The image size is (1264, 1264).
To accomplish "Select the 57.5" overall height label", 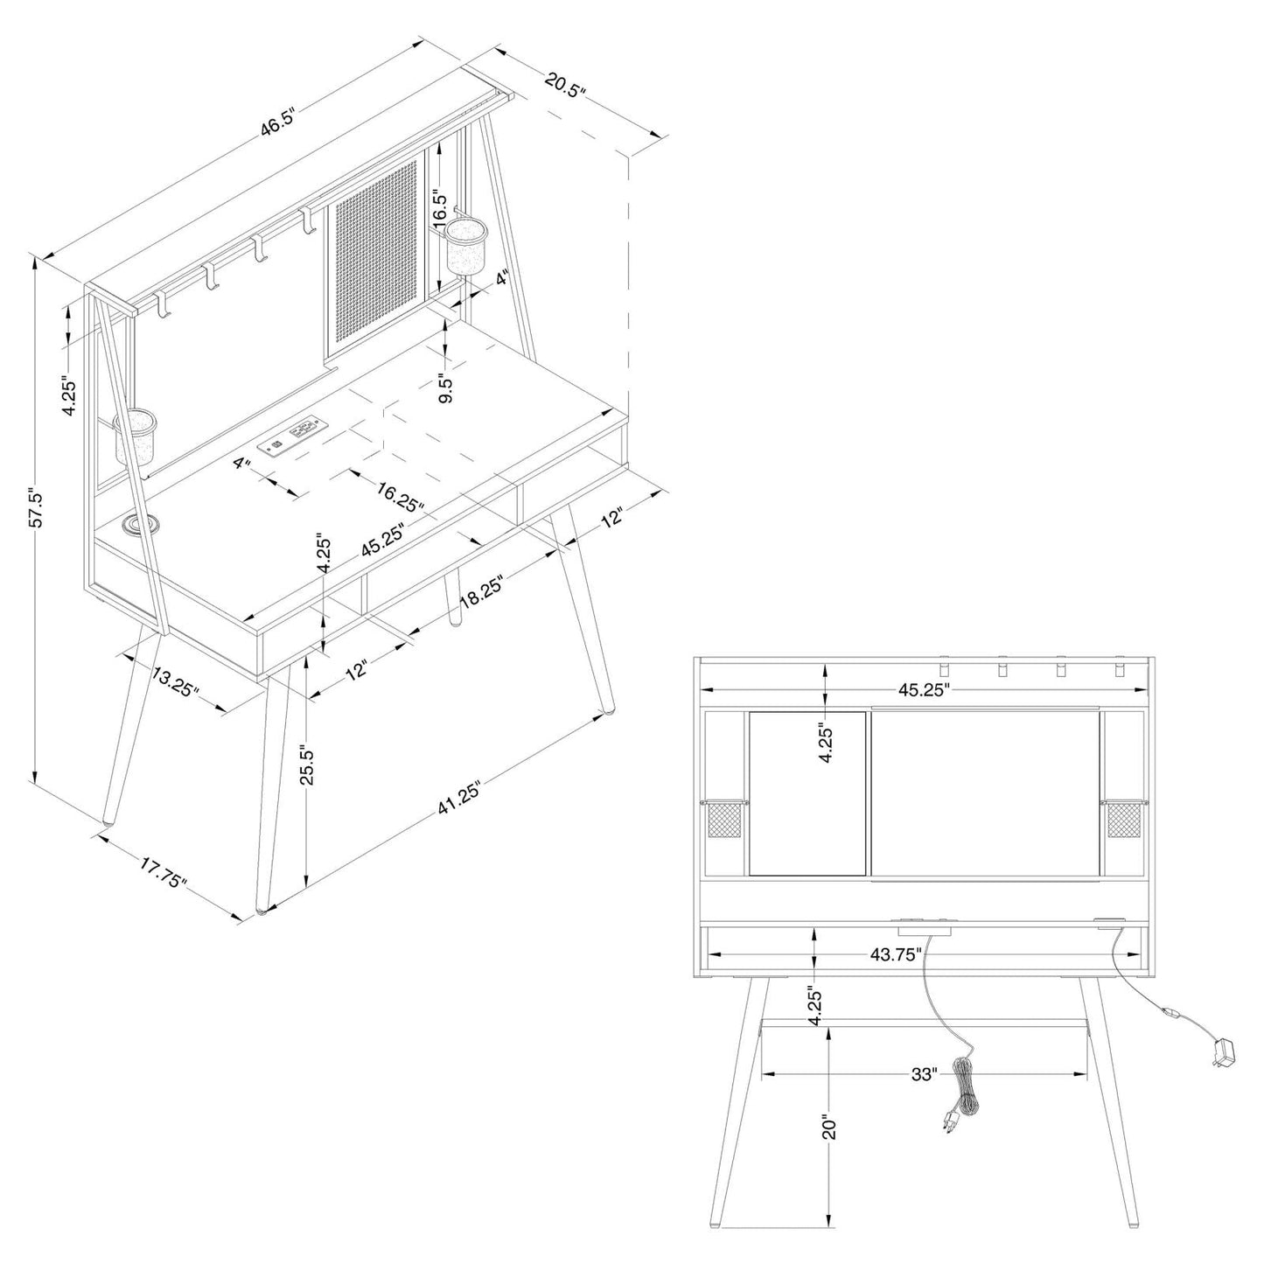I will [x=36, y=507].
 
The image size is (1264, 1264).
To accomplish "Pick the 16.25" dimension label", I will [x=401, y=496].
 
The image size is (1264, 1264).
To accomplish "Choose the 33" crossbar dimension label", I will [x=924, y=1073].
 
